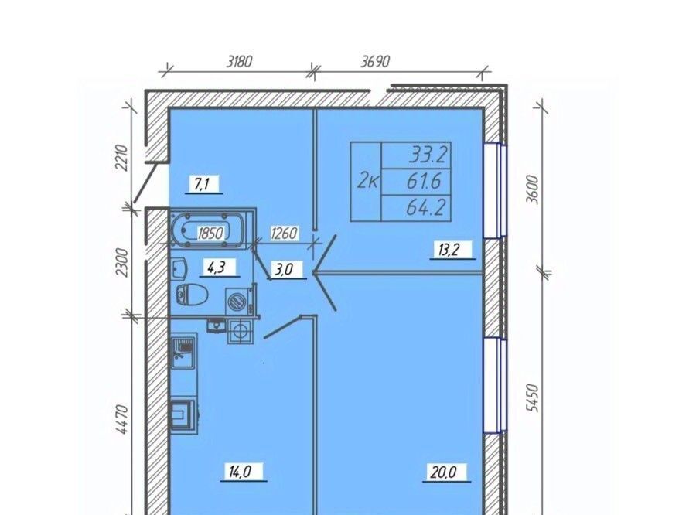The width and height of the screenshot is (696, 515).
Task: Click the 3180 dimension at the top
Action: click(239, 61)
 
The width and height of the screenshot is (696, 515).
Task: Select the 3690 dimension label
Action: click(375, 61)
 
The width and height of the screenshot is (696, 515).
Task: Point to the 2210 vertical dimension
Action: click(121, 158)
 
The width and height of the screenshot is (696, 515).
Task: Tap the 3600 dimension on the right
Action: click(532, 189)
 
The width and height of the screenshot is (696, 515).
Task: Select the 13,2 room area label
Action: click(449, 250)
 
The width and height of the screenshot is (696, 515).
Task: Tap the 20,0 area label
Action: click(443, 471)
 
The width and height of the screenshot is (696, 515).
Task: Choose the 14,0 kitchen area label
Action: click(241, 472)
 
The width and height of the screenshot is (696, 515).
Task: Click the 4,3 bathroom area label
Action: click(217, 268)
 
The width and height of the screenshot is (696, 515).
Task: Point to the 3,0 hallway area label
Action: click(283, 270)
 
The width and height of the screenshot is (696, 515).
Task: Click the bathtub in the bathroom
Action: click(207, 230)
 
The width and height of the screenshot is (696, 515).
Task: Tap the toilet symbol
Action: click(192, 295)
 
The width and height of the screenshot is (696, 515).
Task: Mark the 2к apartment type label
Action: click(368, 181)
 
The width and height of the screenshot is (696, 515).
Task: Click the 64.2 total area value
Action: click(425, 208)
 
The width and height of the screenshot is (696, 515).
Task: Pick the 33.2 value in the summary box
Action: click(428, 155)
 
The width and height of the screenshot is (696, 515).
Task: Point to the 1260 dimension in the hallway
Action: click(284, 233)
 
